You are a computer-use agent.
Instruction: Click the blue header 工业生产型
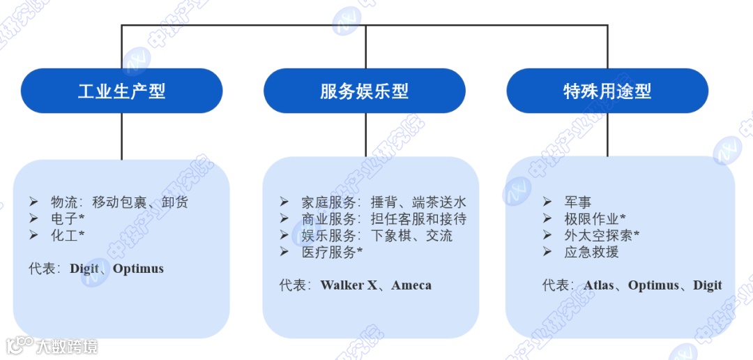121,91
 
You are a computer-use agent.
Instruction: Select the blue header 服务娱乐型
364,91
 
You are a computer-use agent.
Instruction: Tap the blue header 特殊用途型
607,91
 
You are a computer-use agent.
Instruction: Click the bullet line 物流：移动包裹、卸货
119,202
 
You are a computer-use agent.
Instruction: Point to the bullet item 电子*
68,219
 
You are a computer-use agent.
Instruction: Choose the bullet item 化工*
68,236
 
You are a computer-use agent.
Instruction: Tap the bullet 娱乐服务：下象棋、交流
376,236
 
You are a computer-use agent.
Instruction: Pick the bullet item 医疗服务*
332,253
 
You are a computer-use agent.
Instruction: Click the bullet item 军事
578,202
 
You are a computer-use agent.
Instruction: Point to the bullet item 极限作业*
595,219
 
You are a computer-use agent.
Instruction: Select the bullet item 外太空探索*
602,236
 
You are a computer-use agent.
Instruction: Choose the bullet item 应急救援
591,253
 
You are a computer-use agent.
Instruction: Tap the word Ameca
411,285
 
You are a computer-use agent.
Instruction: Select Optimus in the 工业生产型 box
138,269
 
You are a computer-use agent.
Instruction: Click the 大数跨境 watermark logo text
67,346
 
